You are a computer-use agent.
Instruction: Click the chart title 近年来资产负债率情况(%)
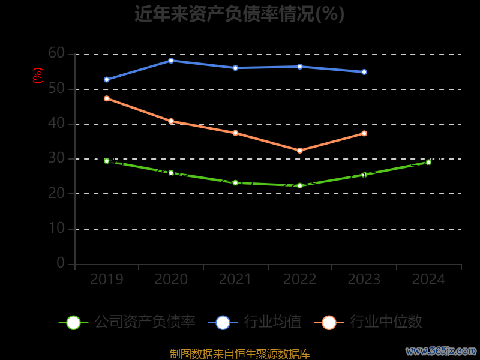pyautogui.click(x=239, y=14)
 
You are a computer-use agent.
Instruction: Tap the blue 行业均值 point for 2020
pyautogui.click(x=171, y=61)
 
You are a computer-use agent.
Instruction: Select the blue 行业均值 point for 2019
pyautogui.click(x=107, y=79)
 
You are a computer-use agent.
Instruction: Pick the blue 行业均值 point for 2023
pyautogui.click(x=364, y=72)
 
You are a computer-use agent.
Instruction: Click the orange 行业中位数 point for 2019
pyautogui.click(x=107, y=98)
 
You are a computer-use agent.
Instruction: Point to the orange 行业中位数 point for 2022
pyautogui.click(x=300, y=151)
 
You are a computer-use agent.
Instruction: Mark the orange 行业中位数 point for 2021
pyautogui.click(x=235, y=133)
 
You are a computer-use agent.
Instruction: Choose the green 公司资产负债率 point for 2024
pyautogui.click(x=428, y=162)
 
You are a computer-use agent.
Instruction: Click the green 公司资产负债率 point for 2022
pyautogui.click(x=300, y=185)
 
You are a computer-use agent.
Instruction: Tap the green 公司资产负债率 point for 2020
pyautogui.click(x=171, y=173)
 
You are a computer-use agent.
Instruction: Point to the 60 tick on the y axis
pyautogui.click(x=56, y=53)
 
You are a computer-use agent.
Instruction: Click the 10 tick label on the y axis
pyautogui.click(x=56, y=229)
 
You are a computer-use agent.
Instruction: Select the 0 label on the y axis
pyautogui.click(x=61, y=263)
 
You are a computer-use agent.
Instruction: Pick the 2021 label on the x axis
pyautogui.click(x=235, y=280)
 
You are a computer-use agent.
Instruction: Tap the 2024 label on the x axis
pyautogui.click(x=428, y=280)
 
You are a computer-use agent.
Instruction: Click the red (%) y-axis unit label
pyautogui.click(x=38, y=76)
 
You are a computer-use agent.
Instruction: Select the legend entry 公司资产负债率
pyautogui.click(x=128, y=322)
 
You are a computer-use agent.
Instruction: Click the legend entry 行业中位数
pyautogui.click(x=368, y=322)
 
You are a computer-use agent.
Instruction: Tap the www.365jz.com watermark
pyautogui.click(x=441, y=350)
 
